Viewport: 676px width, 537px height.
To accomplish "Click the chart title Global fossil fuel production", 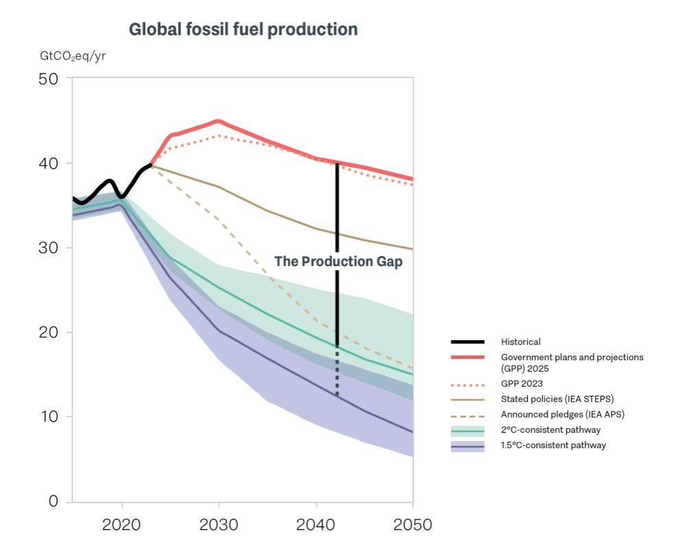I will point(243,30).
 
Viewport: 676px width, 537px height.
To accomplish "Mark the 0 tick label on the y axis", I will point(53,501).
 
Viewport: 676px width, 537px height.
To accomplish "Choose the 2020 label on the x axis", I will point(121,525).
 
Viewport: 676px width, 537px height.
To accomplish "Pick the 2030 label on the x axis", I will point(219,525).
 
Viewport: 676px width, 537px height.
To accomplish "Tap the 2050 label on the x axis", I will point(412,525).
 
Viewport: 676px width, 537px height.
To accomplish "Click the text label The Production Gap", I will point(338,262).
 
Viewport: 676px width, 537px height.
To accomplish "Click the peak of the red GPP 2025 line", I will point(218,121).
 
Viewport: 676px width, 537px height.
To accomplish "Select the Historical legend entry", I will point(520,342).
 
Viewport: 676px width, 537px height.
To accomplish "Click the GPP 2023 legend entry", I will point(520,384).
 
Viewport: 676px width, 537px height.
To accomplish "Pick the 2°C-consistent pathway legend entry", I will point(550,430).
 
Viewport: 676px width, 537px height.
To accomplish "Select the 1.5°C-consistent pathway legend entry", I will point(553,445).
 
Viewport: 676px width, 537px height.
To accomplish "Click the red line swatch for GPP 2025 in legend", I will point(467,357).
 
